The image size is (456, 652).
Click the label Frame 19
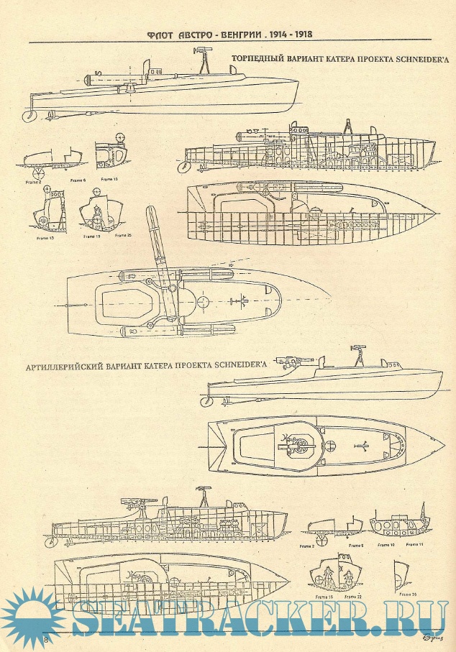pos(91,235)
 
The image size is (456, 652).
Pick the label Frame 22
pos(352,597)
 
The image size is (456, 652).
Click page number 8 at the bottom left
pos(45,639)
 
